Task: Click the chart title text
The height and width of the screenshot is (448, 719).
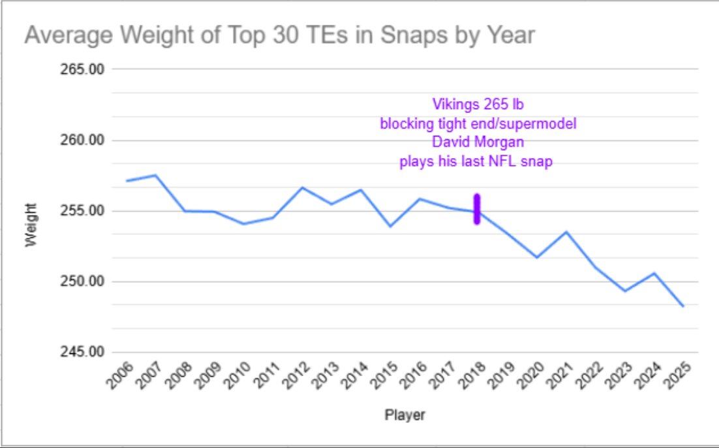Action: [279, 35]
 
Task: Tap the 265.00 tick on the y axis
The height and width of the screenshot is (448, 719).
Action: [82, 69]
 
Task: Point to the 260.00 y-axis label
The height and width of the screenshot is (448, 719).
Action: [82, 140]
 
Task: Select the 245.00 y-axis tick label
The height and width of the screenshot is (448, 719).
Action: [82, 352]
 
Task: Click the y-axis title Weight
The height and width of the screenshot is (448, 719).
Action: [31, 225]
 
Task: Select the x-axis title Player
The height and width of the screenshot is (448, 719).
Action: [405, 415]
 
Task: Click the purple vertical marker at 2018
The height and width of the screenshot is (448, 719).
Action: [477, 210]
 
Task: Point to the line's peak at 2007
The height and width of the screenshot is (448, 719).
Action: [156, 175]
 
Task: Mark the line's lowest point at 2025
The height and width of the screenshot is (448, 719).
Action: [683, 306]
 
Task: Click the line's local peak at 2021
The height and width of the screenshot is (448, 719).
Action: [566, 232]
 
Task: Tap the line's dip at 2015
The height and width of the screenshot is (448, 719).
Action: [390, 227]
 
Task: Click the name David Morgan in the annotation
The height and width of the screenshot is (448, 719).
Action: [478, 142]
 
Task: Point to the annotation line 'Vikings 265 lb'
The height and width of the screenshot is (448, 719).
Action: [478, 104]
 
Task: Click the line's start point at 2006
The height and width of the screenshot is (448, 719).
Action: [127, 181]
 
